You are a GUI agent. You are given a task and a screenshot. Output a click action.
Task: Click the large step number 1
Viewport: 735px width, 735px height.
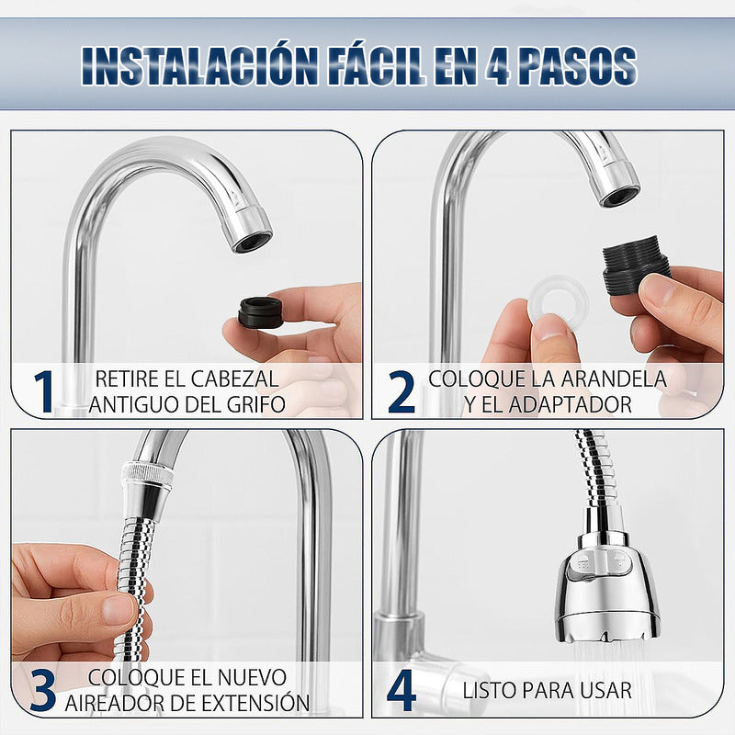[x=42, y=390]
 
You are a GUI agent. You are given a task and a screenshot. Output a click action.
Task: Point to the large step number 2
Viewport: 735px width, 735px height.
[x=401, y=390]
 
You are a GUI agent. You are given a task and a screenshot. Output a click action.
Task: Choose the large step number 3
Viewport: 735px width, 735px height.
[x=42, y=691]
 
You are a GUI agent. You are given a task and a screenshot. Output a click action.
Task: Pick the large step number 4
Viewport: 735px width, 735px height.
[x=401, y=691]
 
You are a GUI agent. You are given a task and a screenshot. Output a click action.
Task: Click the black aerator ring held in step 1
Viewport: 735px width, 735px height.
[x=260, y=313]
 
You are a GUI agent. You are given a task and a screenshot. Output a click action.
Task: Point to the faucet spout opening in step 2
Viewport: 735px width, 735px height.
[x=620, y=194]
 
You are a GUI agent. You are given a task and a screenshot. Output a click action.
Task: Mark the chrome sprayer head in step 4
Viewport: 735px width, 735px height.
[x=606, y=588]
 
